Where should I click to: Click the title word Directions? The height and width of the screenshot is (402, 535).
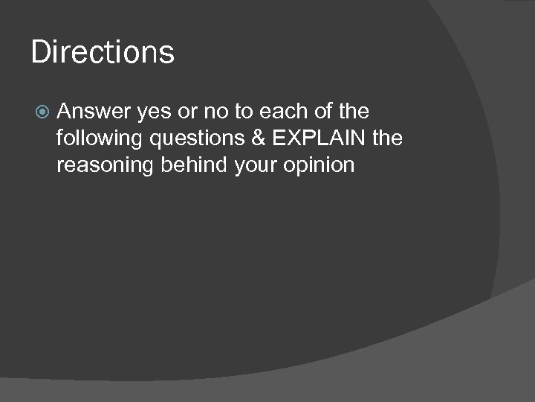[x=103, y=52]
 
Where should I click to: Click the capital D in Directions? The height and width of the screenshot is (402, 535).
[x=40, y=52]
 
